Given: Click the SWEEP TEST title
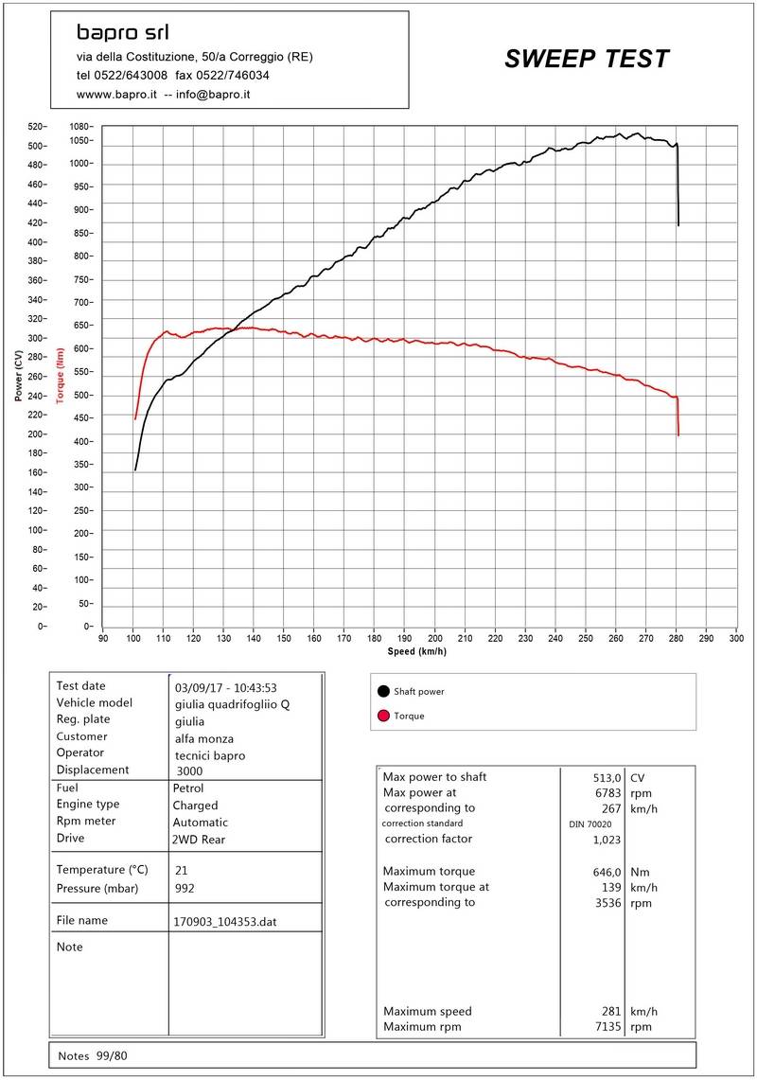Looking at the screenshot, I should point(587,60).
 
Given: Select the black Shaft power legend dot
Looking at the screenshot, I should point(383,691).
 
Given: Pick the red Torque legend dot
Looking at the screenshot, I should point(383,716).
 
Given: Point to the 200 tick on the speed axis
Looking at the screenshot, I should point(434,639).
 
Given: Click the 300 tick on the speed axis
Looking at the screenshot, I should point(736,639).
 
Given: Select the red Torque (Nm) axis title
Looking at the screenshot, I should point(60,374).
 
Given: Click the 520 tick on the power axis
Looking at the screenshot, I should point(37,127).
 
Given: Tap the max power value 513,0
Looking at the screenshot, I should point(606,777).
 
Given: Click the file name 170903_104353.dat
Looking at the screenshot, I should point(224,921).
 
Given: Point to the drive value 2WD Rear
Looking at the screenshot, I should point(200,839).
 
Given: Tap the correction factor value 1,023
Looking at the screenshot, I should point(606,840).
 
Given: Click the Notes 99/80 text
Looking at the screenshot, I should point(92,1055).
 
